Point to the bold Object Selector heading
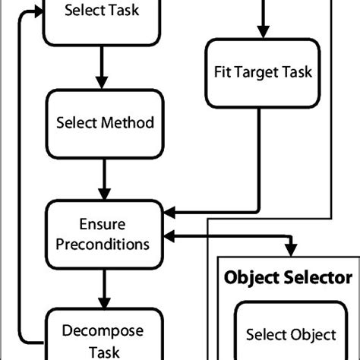286,277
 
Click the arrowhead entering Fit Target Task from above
264,30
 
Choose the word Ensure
101,225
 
